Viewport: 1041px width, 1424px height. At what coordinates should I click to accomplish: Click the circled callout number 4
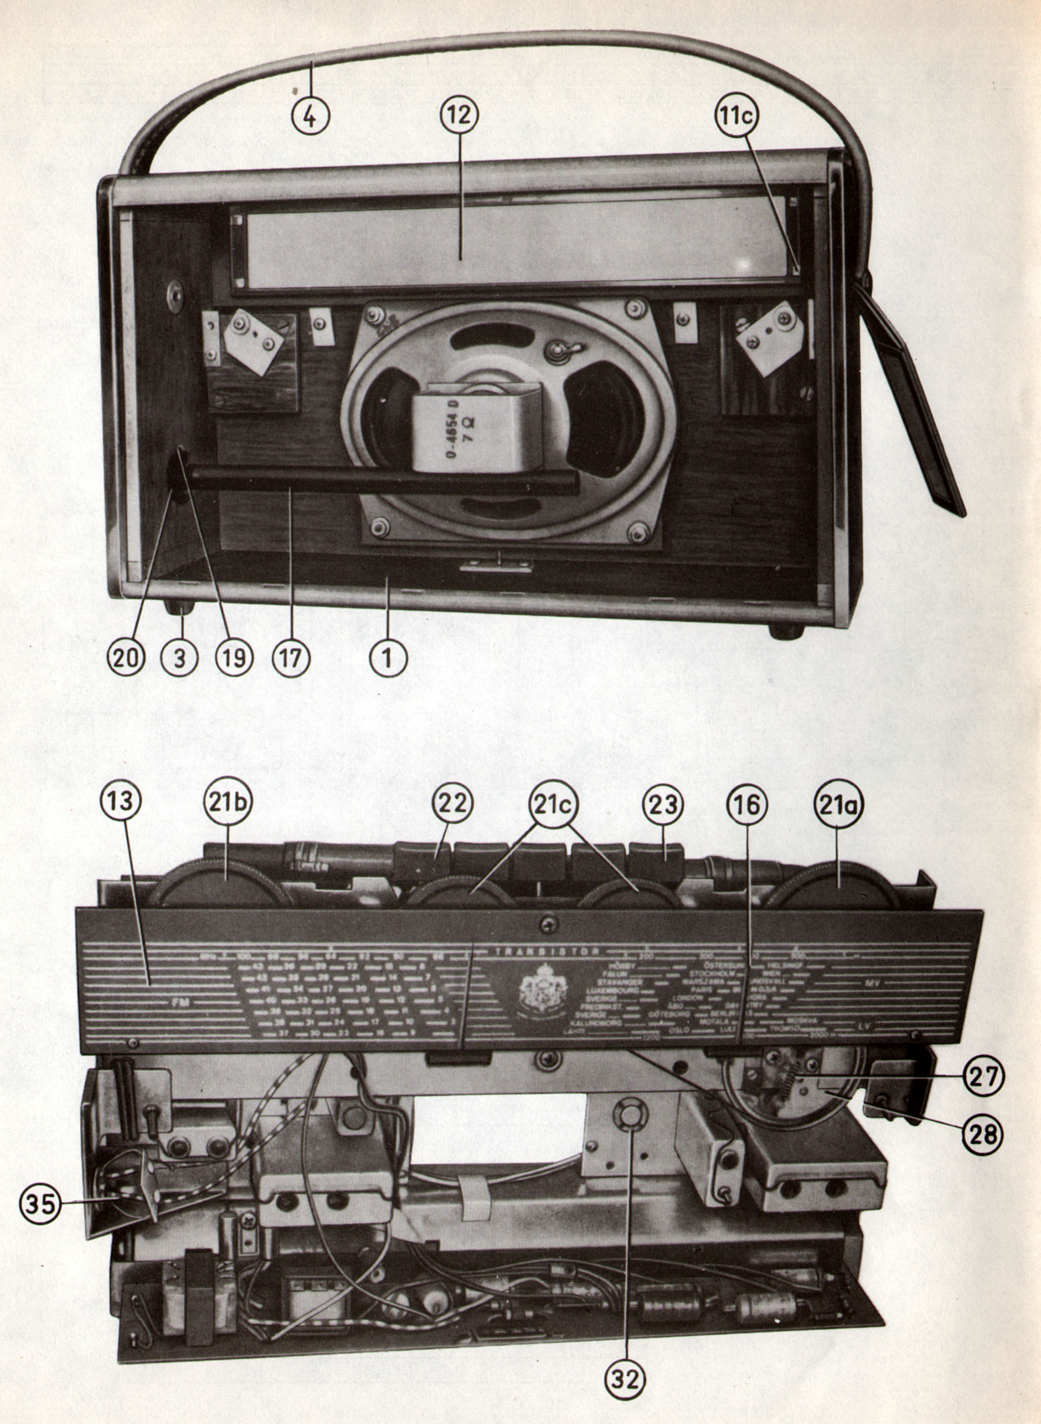click(311, 116)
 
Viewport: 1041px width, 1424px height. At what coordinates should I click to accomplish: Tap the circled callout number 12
click(460, 116)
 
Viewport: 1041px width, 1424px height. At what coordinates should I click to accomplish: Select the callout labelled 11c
click(736, 116)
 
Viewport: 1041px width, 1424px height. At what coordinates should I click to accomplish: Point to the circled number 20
click(126, 658)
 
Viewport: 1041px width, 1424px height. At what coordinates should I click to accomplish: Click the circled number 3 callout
click(180, 658)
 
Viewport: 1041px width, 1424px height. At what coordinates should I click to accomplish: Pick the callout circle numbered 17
click(290, 658)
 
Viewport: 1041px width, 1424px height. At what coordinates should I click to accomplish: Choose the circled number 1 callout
click(388, 658)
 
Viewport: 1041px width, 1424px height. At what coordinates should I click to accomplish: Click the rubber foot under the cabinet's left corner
click(180, 607)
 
